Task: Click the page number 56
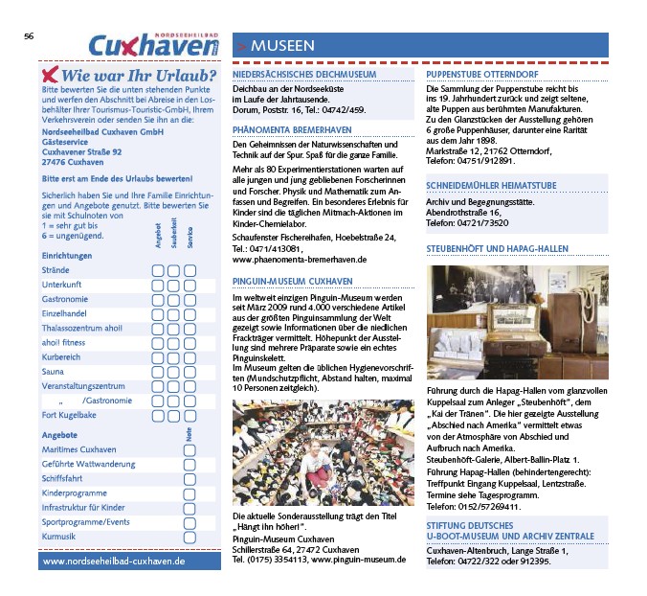point(29,35)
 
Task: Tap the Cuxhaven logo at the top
point(153,44)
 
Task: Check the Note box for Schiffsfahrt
point(190,477)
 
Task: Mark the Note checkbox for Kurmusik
point(190,537)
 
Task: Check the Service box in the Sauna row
point(190,371)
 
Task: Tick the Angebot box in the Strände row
point(157,271)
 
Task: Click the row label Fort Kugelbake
point(70,415)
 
